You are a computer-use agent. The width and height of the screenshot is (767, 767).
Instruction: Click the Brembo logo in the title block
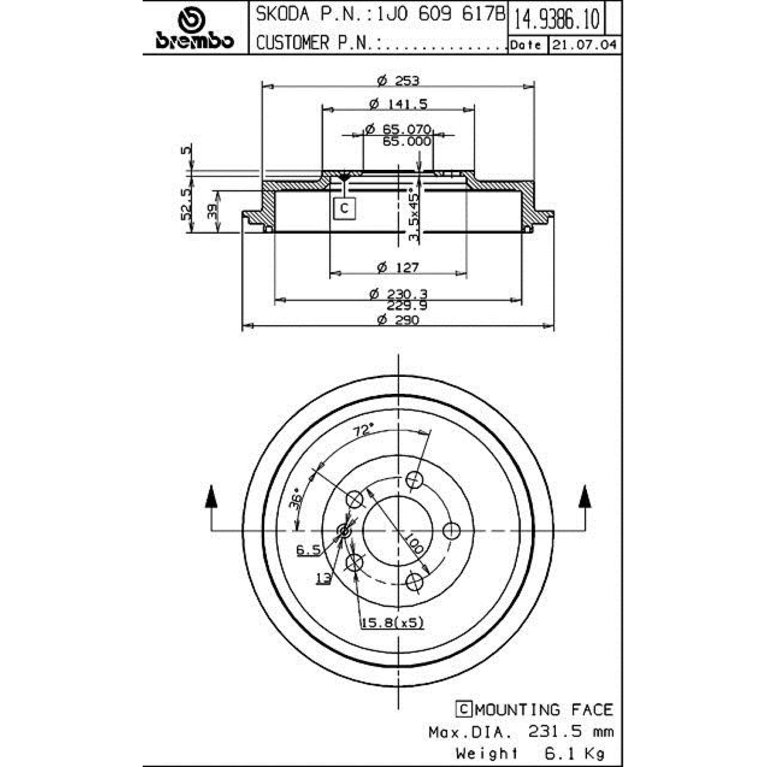(x=194, y=29)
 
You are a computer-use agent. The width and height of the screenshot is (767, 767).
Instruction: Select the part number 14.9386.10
(x=556, y=18)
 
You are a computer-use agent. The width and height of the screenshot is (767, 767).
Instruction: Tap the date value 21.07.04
(x=585, y=45)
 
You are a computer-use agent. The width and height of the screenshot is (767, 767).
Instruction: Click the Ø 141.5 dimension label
(x=398, y=104)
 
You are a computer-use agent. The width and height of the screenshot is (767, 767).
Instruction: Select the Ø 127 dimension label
(x=398, y=266)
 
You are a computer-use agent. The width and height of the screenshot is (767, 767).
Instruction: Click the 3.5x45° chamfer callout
(x=414, y=217)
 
